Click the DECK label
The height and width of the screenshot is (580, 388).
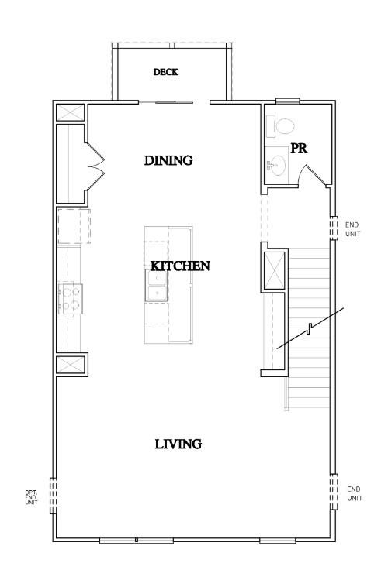click(x=165, y=72)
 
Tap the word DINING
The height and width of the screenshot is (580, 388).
click(x=168, y=161)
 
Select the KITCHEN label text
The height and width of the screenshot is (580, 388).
click(x=180, y=266)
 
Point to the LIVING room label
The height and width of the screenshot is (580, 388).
click(x=178, y=444)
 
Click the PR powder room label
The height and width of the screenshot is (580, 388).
click(x=300, y=148)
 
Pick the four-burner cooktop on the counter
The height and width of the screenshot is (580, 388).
click(x=71, y=298)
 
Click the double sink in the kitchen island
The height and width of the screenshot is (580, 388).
click(x=158, y=285)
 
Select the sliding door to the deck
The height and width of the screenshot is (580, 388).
click(x=172, y=101)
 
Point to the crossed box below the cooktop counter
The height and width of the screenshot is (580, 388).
click(x=71, y=365)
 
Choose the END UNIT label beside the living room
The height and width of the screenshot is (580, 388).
click(x=354, y=493)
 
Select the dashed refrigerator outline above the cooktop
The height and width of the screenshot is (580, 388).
click(x=74, y=225)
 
